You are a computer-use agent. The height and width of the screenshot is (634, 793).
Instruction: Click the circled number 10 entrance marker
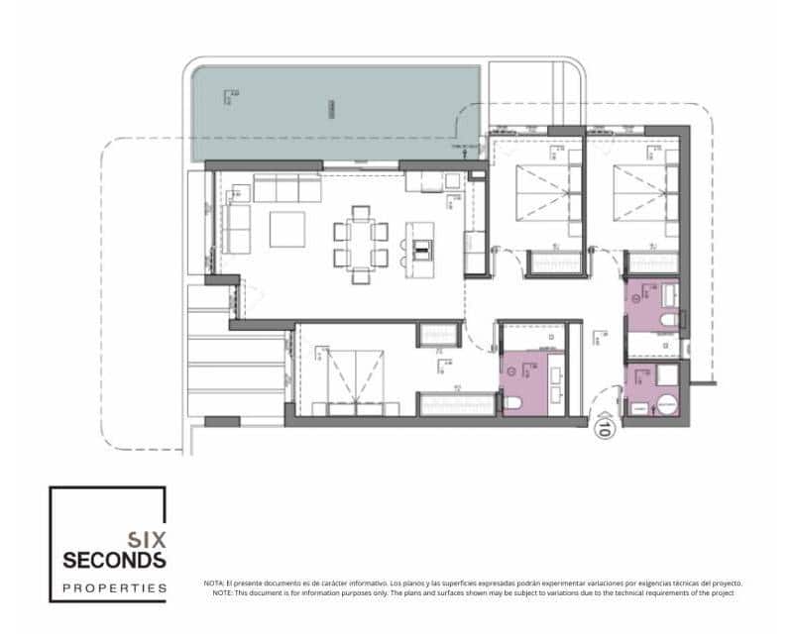point(602,429)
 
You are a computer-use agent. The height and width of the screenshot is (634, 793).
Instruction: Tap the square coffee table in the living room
point(290,229)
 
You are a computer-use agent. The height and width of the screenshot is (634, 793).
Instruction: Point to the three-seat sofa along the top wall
point(283,186)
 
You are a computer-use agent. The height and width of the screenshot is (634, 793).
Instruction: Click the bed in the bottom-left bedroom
point(357,381)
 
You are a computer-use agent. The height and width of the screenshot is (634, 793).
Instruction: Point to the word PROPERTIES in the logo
point(114,587)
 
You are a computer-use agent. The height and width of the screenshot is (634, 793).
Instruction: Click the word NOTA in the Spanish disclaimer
point(213,583)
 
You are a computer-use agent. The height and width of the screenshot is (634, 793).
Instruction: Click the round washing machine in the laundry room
point(667,404)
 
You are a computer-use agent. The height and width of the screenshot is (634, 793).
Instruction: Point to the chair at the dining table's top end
point(361,211)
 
